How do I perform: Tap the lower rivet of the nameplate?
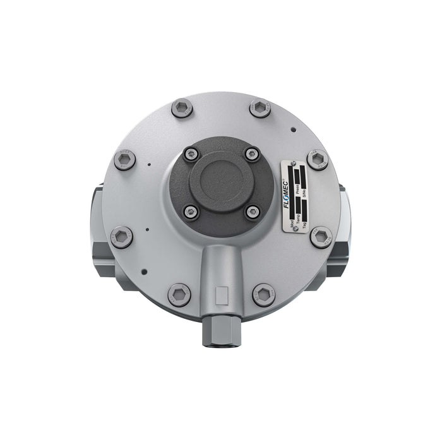tap(296, 228)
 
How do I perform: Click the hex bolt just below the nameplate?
tap(321, 237)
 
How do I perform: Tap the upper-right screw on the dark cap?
tap(251, 153)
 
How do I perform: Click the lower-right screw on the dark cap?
tap(252, 212)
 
